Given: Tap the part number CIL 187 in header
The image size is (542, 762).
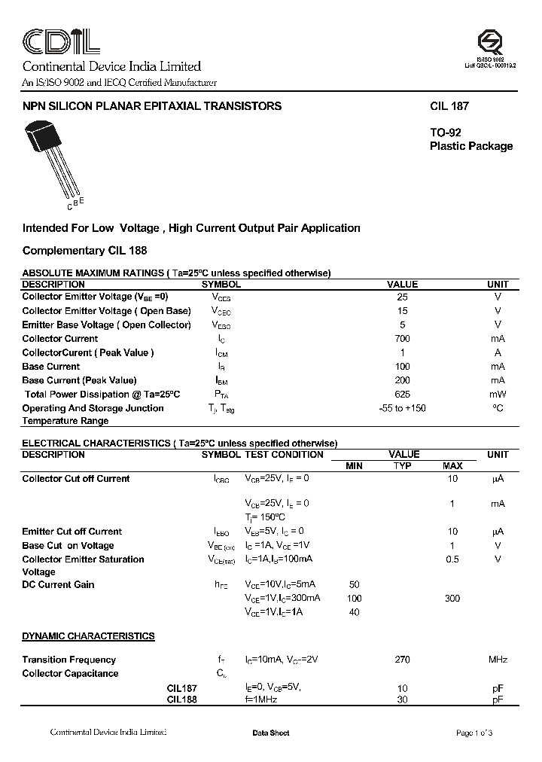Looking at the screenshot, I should (449, 106).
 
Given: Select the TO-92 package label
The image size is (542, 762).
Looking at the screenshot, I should (446, 133).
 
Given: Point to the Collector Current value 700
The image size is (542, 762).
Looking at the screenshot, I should (402, 339).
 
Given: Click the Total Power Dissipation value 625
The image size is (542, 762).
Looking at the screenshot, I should (402, 394).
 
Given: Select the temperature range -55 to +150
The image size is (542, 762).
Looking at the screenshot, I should (402, 408).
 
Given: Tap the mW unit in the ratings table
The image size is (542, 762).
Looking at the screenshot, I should (498, 394).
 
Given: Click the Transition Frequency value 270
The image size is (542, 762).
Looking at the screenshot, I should (402, 660).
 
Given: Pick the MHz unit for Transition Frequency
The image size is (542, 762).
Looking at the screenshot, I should (498, 660).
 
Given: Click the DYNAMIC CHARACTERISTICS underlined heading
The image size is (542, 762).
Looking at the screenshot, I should (88, 636).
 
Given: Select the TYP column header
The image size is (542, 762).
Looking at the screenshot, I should (403, 466).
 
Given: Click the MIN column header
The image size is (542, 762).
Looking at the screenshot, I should (354, 466).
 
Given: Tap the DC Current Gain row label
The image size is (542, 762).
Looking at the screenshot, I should (58, 584).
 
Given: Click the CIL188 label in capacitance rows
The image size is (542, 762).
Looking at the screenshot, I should (182, 700).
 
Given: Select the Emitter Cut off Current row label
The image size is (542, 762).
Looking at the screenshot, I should (72, 532).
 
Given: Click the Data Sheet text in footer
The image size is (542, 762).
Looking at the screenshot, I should (271, 733).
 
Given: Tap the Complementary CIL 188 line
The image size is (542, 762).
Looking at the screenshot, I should (84, 250).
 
